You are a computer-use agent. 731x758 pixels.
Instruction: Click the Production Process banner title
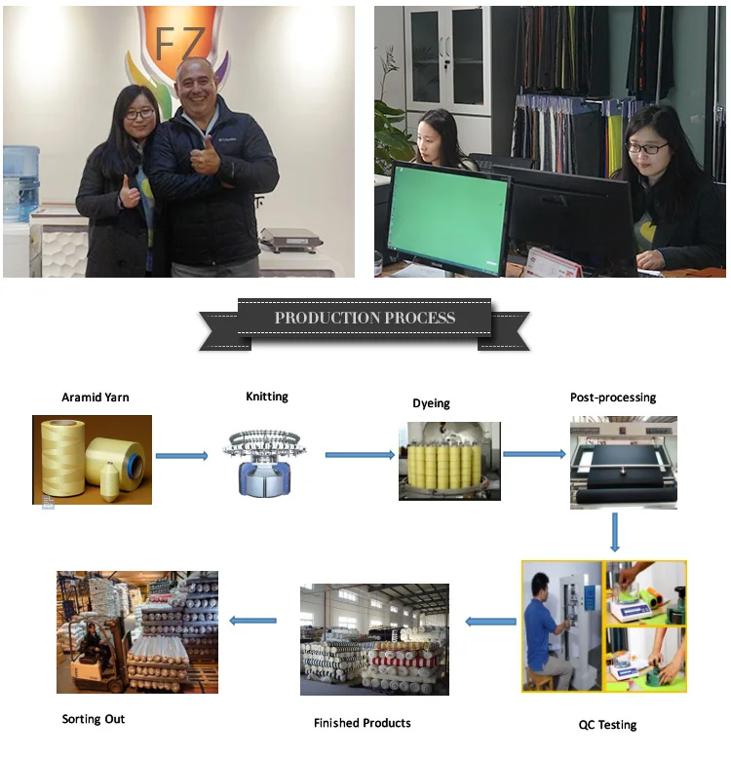[x=365, y=319]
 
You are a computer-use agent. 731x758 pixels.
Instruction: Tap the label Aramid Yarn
[x=96, y=398]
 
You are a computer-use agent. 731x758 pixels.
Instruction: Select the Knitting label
[x=267, y=397]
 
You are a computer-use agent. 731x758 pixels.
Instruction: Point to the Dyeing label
[x=431, y=403]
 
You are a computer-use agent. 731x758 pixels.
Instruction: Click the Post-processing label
[x=613, y=398]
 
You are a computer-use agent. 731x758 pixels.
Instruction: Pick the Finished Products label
[x=363, y=723]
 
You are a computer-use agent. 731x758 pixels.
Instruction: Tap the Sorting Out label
[x=94, y=719]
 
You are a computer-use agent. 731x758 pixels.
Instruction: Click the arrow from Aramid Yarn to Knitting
[x=182, y=456]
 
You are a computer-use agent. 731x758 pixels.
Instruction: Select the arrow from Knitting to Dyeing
[x=360, y=455]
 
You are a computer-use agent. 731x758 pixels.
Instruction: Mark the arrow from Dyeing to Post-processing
[x=534, y=454]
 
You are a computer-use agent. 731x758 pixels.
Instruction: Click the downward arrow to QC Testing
[x=615, y=533]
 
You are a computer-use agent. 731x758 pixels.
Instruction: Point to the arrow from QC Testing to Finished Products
[x=490, y=621]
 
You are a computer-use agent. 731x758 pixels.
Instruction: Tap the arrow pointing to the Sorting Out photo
[x=252, y=620]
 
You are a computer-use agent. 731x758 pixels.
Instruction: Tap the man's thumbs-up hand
[x=204, y=157]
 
